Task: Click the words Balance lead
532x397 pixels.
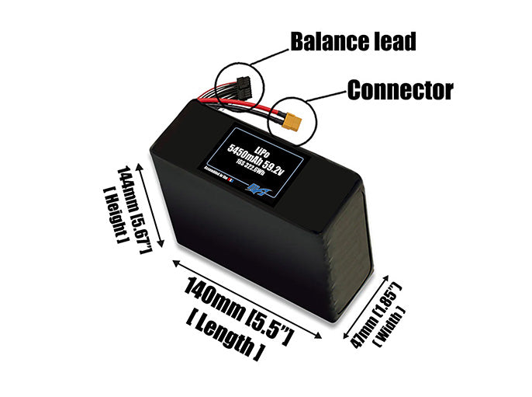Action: [x=352, y=41]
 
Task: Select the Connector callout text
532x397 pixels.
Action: [x=399, y=90]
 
